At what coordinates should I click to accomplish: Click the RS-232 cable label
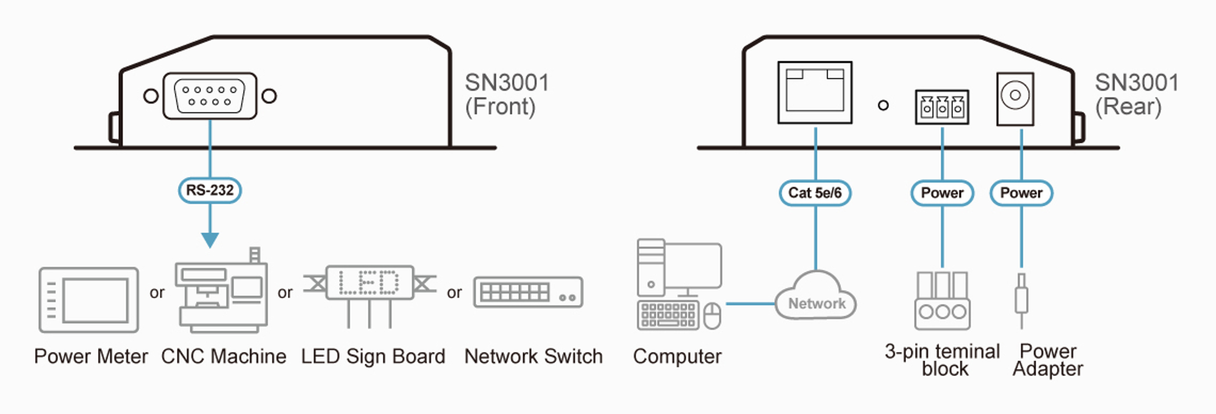click(210, 190)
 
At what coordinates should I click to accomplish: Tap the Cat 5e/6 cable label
click(815, 193)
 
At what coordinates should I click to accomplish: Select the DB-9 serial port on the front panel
click(210, 96)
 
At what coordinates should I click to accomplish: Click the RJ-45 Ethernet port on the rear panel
click(815, 92)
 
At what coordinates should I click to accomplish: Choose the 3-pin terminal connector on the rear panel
click(942, 107)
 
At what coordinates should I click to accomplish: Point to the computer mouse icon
click(712, 316)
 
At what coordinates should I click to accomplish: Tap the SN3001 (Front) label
click(507, 94)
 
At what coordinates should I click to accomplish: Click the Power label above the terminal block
click(942, 193)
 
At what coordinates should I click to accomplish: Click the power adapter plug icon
click(1022, 301)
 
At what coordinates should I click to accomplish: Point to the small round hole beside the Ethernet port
click(883, 105)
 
